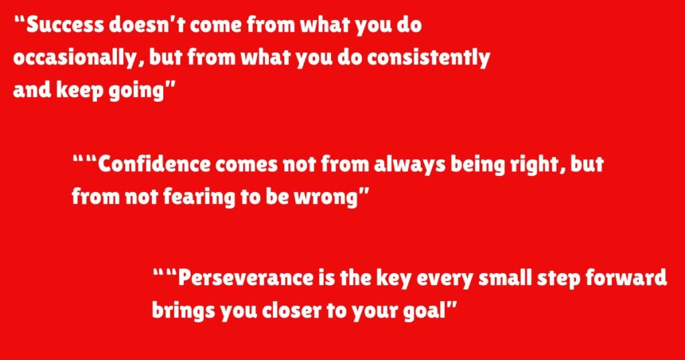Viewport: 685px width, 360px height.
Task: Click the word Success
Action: point(65,25)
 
